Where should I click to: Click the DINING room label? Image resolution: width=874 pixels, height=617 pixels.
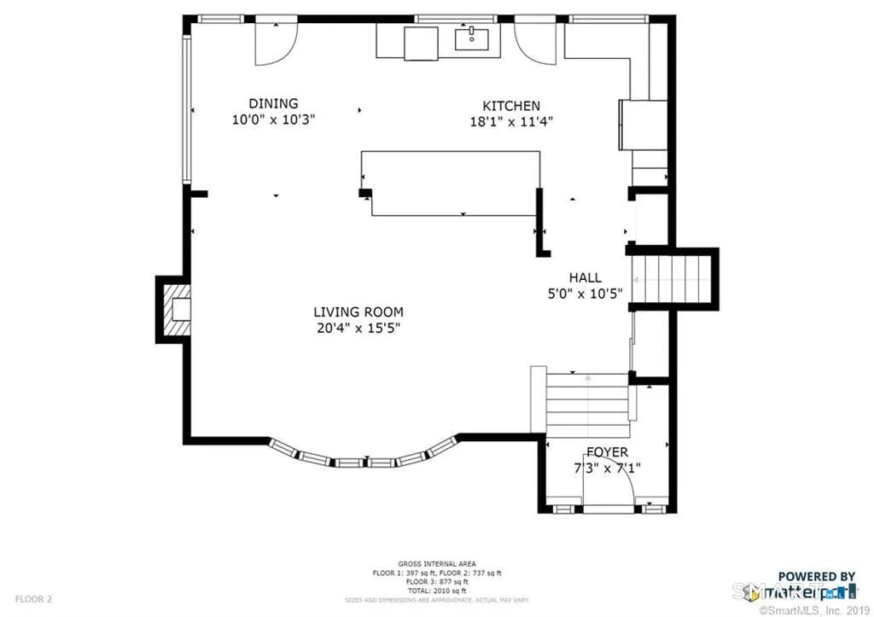(x=273, y=104)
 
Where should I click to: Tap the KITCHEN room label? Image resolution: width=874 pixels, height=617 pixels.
(x=511, y=106)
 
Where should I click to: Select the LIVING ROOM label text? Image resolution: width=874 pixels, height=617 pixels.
(x=358, y=312)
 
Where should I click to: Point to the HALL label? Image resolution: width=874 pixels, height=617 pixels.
(x=586, y=277)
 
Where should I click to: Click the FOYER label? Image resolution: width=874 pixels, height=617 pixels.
(x=607, y=452)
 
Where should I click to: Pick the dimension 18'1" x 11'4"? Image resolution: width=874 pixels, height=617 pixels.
(x=511, y=121)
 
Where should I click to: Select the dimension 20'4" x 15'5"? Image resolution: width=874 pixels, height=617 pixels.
(x=358, y=327)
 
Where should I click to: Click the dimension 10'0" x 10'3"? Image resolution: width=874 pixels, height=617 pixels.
(x=273, y=120)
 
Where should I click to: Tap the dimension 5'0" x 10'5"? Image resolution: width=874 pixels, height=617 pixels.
(x=586, y=294)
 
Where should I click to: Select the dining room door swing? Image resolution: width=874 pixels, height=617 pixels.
(x=276, y=43)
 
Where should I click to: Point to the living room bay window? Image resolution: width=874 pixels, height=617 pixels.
(x=365, y=459)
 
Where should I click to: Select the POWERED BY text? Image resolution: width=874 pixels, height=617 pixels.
(x=816, y=577)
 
